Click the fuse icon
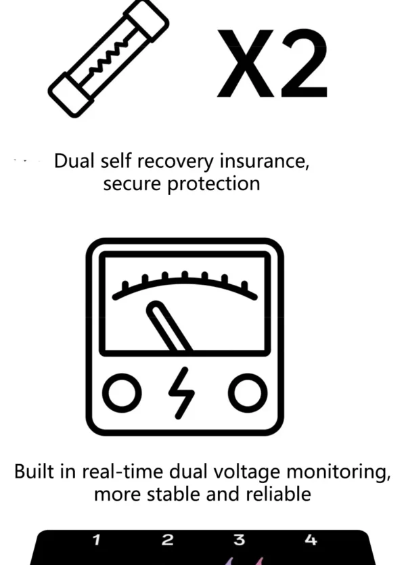pyautogui.click(x=108, y=59)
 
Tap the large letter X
pyautogui.click(x=246, y=64)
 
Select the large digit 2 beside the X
pyautogui.click(x=304, y=63)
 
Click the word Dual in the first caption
pyautogui.click(x=74, y=161)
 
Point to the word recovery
pyautogui.click(x=176, y=162)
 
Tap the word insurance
pyautogui.click(x=265, y=161)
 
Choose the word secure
pyautogui.click(x=132, y=184)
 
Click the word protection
pyautogui.click(x=214, y=184)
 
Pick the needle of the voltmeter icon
pyautogui.click(x=169, y=326)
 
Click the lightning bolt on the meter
pyautogui.click(x=182, y=393)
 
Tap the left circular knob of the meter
pyautogui.click(x=122, y=393)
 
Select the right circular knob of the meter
pyautogui.click(x=248, y=393)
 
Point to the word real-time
pyautogui.click(x=122, y=472)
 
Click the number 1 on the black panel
pyautogui.click(x=96, y=540)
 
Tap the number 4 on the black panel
pyautogui.click(x=311, y=540)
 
